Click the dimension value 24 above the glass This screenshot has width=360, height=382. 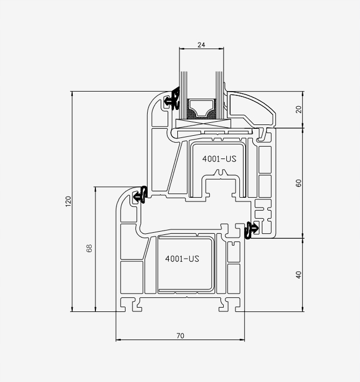click(x=202, y=45)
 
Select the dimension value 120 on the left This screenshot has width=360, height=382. click(x=68, y=202)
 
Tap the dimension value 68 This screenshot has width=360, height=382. click(x=89, y=248)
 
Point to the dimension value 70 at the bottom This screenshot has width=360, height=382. click(x=181, y=336)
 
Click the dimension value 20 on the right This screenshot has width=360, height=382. click(x=299, y=109)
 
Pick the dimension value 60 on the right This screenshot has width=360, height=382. click(x=299, y=183)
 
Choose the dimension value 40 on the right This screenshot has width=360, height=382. click(x=299, y=275)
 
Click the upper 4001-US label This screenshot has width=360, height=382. click(x=219, y=159)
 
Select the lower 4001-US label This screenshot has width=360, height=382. click(x=182, y=259)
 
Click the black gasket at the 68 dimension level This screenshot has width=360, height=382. click(x=141, y=195)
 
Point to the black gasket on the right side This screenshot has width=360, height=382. click(x=252, y=230)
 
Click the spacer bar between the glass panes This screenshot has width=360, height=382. click(x=202, y=109)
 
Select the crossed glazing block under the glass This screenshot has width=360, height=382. click(x=203, y=124)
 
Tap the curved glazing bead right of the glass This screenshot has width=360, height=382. click(x=251, y=109)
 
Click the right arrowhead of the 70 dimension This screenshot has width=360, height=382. click(x=242, y=339)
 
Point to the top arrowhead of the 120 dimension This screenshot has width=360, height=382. click(x=72, y=94)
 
